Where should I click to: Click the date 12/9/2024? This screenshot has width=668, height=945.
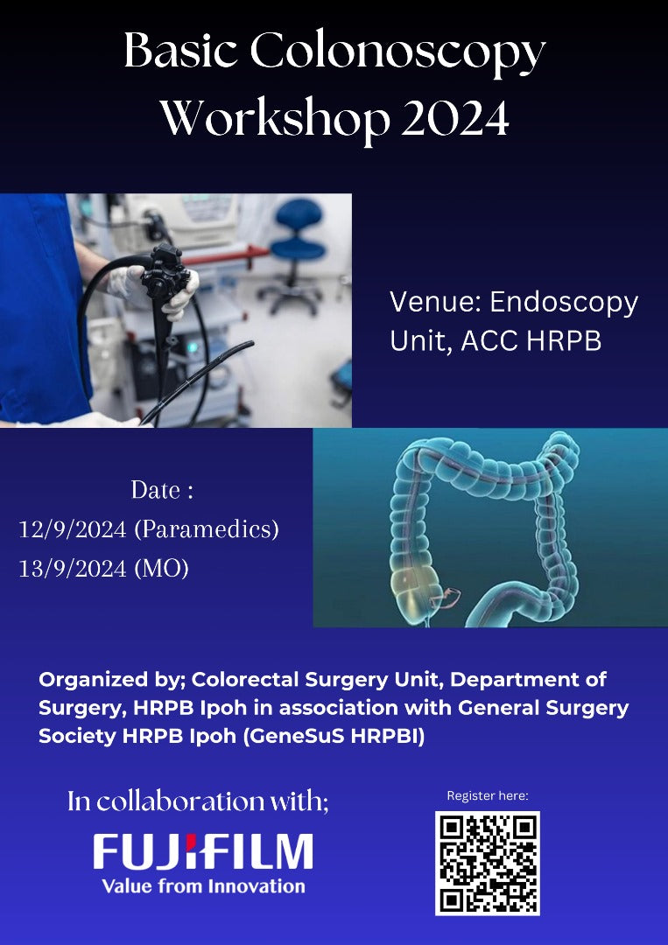point(73,529)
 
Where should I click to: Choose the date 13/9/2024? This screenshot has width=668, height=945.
point(73,569)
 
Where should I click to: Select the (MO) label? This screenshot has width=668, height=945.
point(162,569)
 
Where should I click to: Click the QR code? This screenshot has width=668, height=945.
point(488,863)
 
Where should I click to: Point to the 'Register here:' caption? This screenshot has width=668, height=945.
point(488,796)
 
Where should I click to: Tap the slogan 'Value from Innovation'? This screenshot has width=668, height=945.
point(203,886)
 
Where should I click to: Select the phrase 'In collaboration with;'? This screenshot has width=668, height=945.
point(199,801)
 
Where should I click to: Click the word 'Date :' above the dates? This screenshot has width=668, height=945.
point(162,490)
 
